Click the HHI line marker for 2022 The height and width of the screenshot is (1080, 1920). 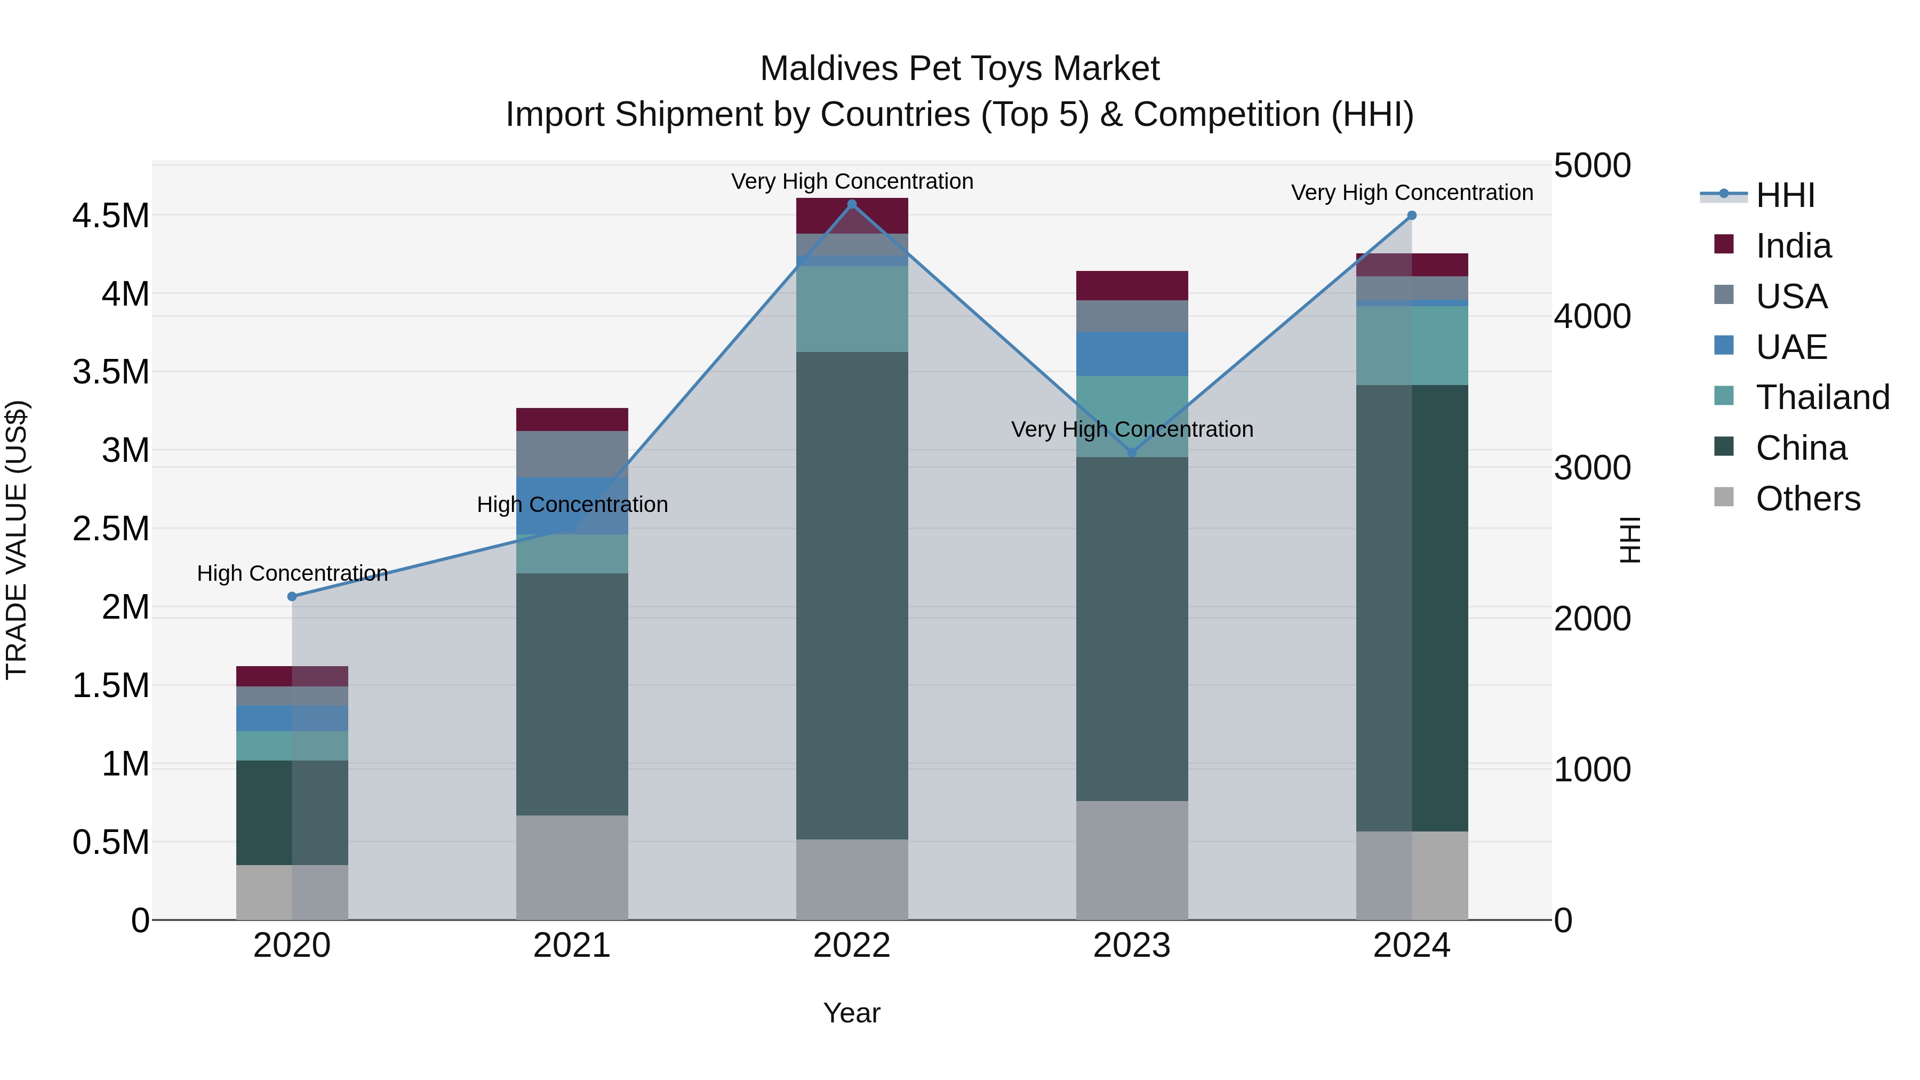click(852, 204)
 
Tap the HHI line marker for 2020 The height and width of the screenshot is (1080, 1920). click(292, 596)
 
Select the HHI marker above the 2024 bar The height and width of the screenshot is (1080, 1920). click(1412, 215)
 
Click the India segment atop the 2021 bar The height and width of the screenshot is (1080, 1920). click(572, 420)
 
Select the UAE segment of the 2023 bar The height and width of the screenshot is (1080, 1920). click(1131, 354)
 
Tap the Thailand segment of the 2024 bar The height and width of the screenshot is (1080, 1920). click(1412, 345)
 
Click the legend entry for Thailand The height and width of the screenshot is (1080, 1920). click(1822, 397)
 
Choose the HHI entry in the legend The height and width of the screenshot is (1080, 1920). click(1785, 195)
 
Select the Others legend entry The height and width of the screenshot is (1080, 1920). click(1807, 499)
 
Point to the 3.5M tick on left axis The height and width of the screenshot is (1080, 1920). click(110, 372)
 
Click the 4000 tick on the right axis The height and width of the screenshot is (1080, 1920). click(1592, 316)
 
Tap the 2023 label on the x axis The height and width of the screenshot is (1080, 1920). click(1131, 946)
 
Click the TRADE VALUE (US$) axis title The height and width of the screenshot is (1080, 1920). click(17, 540)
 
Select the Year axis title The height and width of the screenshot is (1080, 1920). click(852, 1013)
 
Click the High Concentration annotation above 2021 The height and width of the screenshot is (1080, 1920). click(572, 505)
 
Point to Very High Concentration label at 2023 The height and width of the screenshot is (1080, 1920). click(1131, 429)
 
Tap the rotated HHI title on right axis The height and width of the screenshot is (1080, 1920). click(1630, 540)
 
